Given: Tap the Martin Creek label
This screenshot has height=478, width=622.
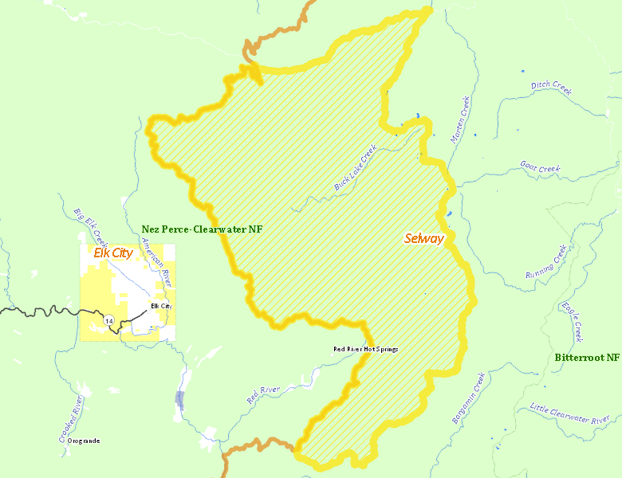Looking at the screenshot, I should (460, 120).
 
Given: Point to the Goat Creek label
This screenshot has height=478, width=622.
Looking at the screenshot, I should (540, 168).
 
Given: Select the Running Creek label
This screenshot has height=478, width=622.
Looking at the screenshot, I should (546, 262).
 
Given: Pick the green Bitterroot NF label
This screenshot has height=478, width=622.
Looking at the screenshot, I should (587, 358).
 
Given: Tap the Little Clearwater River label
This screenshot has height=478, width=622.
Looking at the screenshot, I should (569, 413).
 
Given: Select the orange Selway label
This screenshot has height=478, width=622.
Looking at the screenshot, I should (423, 238).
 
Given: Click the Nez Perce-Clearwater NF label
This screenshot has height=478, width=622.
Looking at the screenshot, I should (202, 229).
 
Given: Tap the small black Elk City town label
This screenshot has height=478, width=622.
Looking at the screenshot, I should (161, 306).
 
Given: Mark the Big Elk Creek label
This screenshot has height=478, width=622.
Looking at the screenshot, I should (91, 227).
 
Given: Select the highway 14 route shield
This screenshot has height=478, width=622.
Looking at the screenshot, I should (108, 319).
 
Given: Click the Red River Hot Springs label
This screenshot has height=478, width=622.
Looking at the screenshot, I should (365, 349).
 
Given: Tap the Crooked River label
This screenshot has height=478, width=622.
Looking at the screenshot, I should (71, 419).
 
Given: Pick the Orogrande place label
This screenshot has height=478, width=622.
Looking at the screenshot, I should (84, 441).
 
